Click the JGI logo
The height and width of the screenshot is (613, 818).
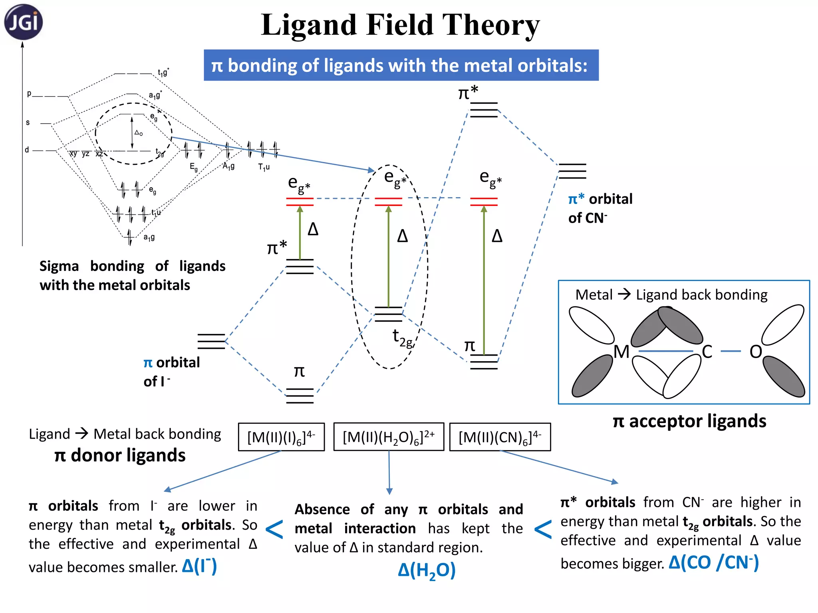click(x=23, y=22)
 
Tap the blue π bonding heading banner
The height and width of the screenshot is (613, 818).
click(x=401, y=65)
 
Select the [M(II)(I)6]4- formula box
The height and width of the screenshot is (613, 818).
click(x=281, y=437)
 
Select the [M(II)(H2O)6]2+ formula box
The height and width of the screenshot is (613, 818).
click(x=389, y=437)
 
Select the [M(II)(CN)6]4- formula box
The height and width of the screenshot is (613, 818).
click(x=500, y=437)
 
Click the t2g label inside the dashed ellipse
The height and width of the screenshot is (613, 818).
click(x=402, y=338)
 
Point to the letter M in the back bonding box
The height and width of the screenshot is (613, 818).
click(x=621, y=352)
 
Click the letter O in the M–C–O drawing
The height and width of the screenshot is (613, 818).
click(x=755, y=352)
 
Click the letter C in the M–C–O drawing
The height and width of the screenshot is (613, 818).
click(x=707, y=352)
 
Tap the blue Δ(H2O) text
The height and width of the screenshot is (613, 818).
click(x=427, y=570)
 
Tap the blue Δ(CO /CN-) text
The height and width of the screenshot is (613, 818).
click(x=713, y=563)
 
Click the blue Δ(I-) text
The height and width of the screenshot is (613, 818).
click(x=199, y=566)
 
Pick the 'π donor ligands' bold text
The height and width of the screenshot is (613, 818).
click(x=120, y=455)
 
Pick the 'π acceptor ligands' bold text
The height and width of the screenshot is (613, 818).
click(x=689, y=421)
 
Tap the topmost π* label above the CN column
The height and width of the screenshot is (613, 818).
click(x=468, y=93)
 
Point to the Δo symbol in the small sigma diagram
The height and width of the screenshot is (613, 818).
click(x=139, y=132)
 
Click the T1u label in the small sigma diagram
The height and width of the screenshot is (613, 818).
click(x=264, y=167)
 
